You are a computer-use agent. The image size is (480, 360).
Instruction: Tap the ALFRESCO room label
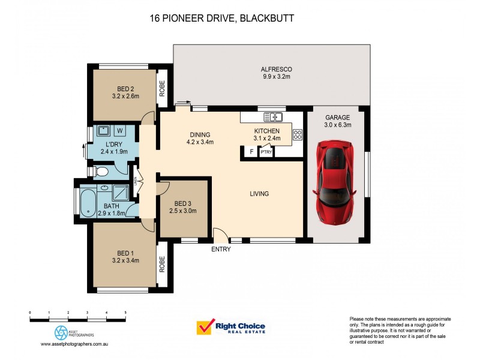(x=277, y=69)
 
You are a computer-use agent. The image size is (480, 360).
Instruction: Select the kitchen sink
(x=275, y=116)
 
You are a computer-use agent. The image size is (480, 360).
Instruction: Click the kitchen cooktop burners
(x=297, y=135)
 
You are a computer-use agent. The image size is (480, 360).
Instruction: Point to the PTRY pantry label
(x=266, y=152)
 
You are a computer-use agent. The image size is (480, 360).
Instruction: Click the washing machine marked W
(x=119, y=130)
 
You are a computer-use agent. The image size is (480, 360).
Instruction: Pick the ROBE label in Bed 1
(x=162, y=265)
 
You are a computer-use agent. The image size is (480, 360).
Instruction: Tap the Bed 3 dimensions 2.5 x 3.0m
(x=182, y=211)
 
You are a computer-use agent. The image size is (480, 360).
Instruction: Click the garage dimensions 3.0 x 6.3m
(x=338, y=125)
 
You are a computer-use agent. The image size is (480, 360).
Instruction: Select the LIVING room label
(x=259, y=194)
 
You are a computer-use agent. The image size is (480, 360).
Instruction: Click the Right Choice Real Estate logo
(x=231, y=328)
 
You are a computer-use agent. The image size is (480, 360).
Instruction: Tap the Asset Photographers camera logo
(x=61, y=332)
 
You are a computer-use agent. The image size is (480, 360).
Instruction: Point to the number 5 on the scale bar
(x=125, y=313)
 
